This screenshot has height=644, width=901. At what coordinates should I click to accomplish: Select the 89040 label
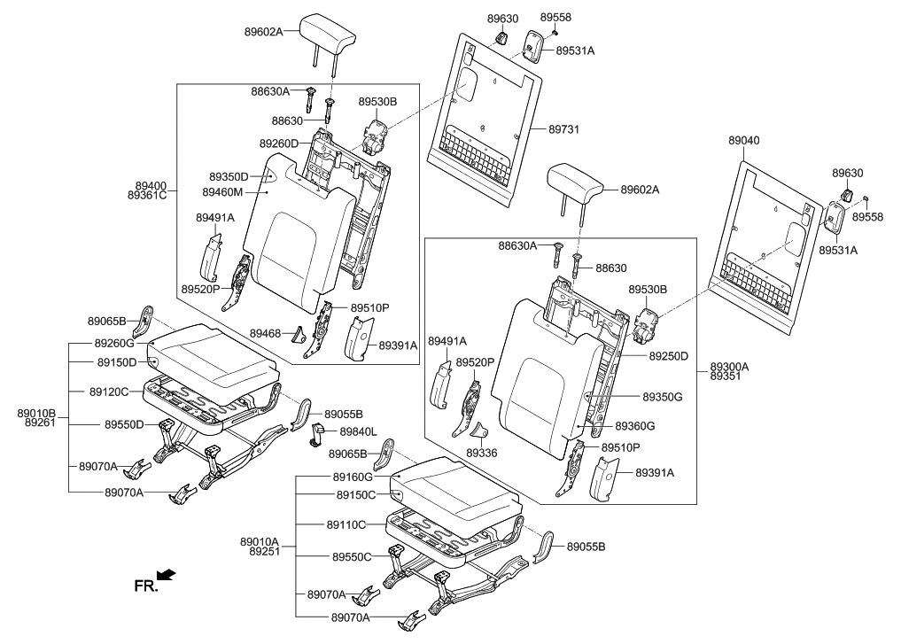[x=743, y=141]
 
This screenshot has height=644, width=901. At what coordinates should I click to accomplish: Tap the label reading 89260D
[x=279, y=144]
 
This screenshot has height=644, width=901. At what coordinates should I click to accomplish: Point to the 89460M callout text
[x=223, y=192]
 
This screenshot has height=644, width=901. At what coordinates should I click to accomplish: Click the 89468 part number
[x=265, y=333]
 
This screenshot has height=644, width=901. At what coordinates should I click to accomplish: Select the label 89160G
[x=353, y=477]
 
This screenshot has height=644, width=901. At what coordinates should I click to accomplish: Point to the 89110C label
[x=346, y=524]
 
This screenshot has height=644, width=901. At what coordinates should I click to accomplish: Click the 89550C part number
[x=353, y=556]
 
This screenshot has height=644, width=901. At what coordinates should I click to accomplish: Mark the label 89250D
[x=668, y=356]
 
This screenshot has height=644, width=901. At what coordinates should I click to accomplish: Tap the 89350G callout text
[x=662, y=397]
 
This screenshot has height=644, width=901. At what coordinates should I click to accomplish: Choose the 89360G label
[x=660, y=426]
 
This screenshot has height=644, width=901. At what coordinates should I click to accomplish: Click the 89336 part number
[x=482, y=453]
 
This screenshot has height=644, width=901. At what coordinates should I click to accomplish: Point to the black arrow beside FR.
[x=167, y=576]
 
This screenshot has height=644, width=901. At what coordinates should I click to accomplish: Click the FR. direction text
[x=145, y=586]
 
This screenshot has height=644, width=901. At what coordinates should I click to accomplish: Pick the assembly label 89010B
[x=36, y=413]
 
